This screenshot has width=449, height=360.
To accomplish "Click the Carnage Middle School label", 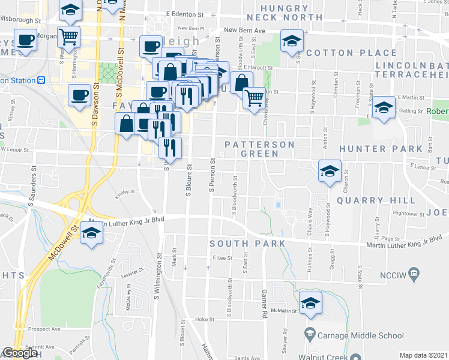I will (x=354, y=335).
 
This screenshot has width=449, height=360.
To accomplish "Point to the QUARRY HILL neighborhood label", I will (x=376, y=200).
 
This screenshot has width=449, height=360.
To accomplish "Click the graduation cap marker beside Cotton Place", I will (x=292, y=41).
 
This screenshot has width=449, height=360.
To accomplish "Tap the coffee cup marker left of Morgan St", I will (x=26, y=41).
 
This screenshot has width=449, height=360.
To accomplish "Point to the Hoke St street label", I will (x=201, y=320).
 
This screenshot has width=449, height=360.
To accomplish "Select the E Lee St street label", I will (x=222, y=257).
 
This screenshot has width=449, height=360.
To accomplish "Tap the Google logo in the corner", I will (x=21, y=353).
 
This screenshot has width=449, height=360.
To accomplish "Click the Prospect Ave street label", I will (x=47, y=329).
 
